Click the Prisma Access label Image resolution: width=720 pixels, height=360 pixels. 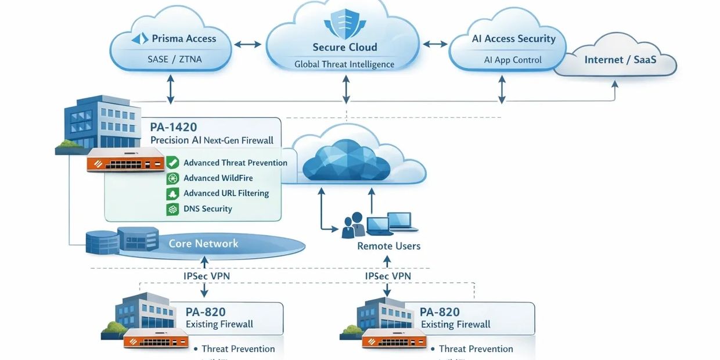(183, 39)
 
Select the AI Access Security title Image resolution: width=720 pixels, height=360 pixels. (513, 39)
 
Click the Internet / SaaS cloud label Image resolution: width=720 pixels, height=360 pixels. (620, 59)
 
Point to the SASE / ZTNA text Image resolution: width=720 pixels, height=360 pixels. (175, 59)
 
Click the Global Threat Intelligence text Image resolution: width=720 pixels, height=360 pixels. (344, 64)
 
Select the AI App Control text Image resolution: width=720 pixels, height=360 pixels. (513, 60)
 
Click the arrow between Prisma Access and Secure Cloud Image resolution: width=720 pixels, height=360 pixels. (248, 44)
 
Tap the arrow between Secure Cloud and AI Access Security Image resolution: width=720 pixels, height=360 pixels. (435, 44)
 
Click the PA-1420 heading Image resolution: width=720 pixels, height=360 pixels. (174, 127)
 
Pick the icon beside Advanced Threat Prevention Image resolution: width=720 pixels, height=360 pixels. (172, 163)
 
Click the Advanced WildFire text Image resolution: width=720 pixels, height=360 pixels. (218, 178)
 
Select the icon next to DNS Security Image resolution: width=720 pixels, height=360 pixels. (172, 209)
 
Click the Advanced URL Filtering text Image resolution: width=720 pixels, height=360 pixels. (226, 193)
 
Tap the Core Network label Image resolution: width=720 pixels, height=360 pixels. (203, 243)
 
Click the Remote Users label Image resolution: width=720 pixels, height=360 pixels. (388, 246)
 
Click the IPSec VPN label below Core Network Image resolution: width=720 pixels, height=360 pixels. (207, 276)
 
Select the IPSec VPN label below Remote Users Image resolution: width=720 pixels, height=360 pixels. (388, 276)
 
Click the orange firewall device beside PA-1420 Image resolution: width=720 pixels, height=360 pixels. (125, 160)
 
